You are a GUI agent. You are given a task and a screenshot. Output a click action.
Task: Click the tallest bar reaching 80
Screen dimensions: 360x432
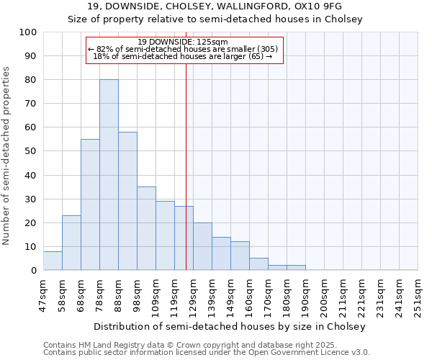coord(109,175)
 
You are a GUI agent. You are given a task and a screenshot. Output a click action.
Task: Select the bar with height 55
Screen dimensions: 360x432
coord(90,204)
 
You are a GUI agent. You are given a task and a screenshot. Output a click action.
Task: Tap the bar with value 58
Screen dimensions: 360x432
coord(127,201)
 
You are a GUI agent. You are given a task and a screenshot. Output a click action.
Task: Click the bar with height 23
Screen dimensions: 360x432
coord(71,243)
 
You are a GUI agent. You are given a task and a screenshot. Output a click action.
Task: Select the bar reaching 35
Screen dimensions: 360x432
coord(146,228)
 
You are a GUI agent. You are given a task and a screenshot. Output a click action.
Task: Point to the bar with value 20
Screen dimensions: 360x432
coord(202,246)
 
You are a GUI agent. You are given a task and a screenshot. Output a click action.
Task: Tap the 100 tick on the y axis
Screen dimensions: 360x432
coord(28,32)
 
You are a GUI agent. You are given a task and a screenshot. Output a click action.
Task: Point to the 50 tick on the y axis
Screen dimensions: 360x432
coord(31,151)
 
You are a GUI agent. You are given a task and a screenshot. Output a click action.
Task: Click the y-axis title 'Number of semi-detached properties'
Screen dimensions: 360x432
coord(6,156)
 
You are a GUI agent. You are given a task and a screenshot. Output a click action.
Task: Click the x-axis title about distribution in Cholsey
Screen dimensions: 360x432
coord(231,326)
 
